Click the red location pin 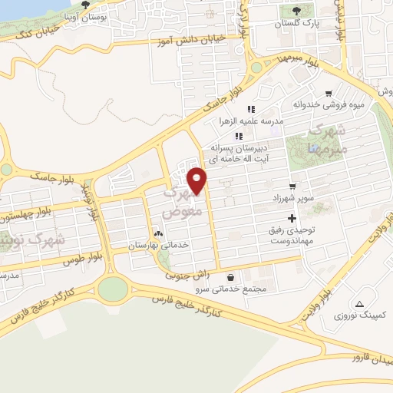(198, 181)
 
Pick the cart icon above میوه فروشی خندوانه (329, 91)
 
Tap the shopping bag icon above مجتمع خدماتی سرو (230, 277)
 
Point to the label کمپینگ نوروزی (360, 315)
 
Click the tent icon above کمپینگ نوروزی (359, 304)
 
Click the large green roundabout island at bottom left (113, 289)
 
